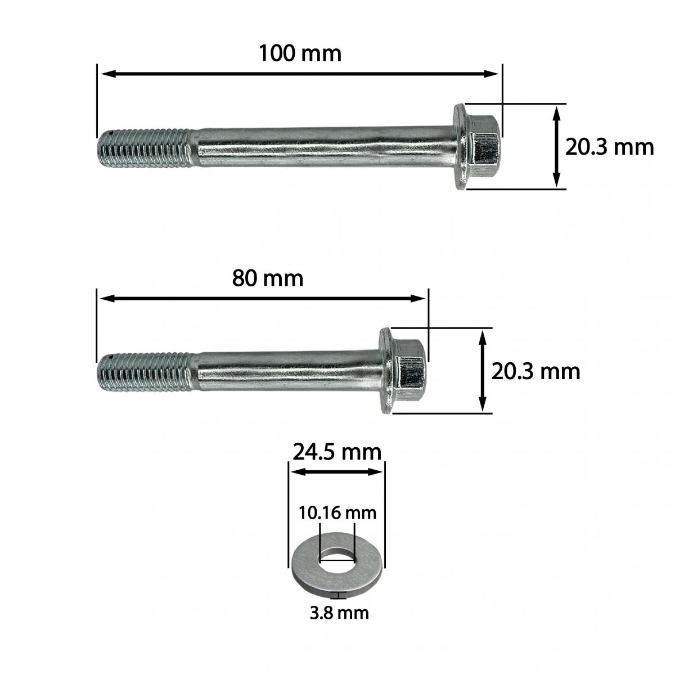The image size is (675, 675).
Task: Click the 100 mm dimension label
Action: click(300, 53)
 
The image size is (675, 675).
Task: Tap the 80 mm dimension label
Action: click(268, 278)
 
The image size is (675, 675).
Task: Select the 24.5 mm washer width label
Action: click(336, 452)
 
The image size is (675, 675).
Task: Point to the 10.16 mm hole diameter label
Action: click(337, 513)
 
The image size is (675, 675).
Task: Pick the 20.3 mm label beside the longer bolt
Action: click(610, 147)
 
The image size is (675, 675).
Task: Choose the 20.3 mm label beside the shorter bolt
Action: click(535, 372)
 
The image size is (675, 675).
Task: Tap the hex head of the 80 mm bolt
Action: click(410, 371)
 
